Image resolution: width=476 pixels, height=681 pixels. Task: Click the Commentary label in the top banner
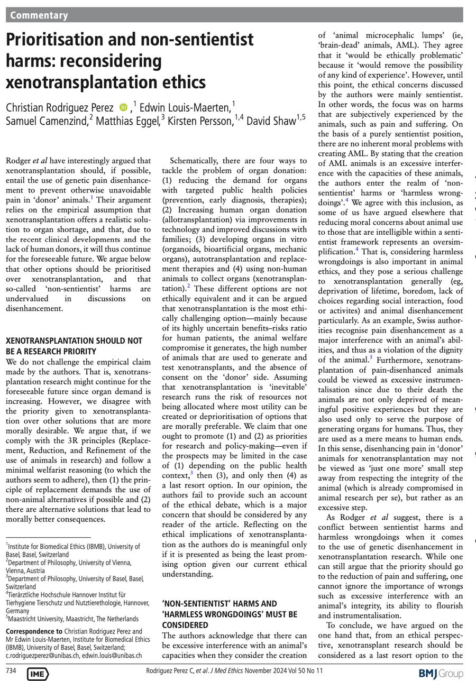pyautogui.click(x=39, y=15)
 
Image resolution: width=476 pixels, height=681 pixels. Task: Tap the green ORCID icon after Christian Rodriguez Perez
pyautogui.click(x=123, y=107)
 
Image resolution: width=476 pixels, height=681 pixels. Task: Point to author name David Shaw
pyautogui.click(x=270, y=121)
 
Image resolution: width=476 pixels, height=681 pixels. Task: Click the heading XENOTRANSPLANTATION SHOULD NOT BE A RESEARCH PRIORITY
pyautogui.click(x=74, y=346)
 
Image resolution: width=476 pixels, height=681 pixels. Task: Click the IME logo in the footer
pyautogui.click(x=38, y=674)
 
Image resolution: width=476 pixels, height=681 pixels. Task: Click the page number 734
pyautogui.click(x=11, y=671)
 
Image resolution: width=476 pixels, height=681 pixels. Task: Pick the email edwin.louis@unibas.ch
pyautogui.click(x=117, y=655)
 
